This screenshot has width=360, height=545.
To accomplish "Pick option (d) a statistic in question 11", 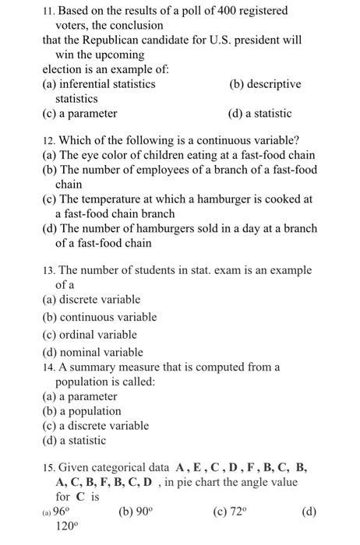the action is coord(259,114).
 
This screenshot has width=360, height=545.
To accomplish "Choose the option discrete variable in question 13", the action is coord(91,300).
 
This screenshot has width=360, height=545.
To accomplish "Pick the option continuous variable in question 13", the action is coord(99,318).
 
